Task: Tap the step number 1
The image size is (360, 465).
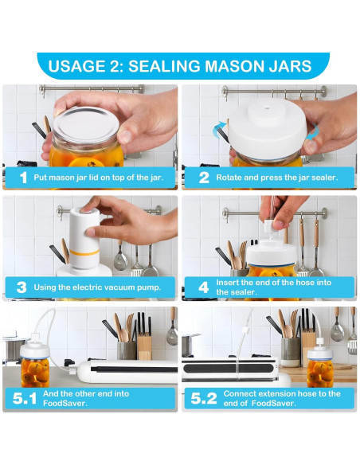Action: click(23, 178)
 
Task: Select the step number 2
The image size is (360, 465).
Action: click(204, 178)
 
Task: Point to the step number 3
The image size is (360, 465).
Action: click(22, 287)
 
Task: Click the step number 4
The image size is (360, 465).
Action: click(203, 287)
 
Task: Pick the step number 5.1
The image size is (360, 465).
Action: click(25, 399)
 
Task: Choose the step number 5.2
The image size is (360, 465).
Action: click(203, 399)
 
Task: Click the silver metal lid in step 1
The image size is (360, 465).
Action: click(86, 124)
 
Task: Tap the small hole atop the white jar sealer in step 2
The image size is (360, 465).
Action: click(265, 108)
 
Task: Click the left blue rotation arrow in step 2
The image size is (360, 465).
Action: click(219, 129)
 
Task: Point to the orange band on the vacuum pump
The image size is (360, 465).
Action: click(84, 252)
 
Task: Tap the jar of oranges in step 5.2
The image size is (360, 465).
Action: click(320, 369)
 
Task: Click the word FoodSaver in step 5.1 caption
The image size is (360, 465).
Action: click(65, 404)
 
